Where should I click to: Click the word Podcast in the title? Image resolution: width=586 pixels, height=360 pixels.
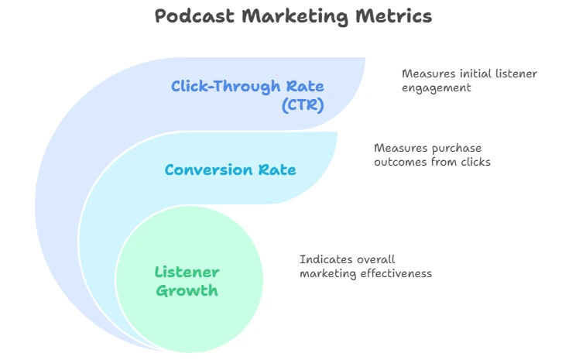coord(195,16)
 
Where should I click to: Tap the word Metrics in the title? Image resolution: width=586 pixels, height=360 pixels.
coord(394,16)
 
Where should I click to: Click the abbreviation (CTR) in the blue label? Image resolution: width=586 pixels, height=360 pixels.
coord(303,105)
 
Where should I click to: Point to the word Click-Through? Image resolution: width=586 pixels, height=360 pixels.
coord(226,87)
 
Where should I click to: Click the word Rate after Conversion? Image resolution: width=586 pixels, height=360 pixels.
coord(277,170)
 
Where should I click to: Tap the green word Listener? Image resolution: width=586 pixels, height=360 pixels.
coord(187,273)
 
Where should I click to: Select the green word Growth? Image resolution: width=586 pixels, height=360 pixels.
coord(187,291)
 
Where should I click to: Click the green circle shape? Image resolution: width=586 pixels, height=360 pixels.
coord(190,279)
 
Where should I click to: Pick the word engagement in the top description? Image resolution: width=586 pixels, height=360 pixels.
coord(436,88)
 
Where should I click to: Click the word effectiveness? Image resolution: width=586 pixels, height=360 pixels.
coord(396,273)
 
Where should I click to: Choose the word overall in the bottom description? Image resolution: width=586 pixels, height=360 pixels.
coord(375,259)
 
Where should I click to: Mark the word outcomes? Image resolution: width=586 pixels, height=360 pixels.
coord(400,162)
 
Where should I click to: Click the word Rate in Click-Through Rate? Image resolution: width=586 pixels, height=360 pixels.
coord(305,87)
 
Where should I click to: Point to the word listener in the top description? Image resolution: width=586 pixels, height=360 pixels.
coord(516,74)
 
